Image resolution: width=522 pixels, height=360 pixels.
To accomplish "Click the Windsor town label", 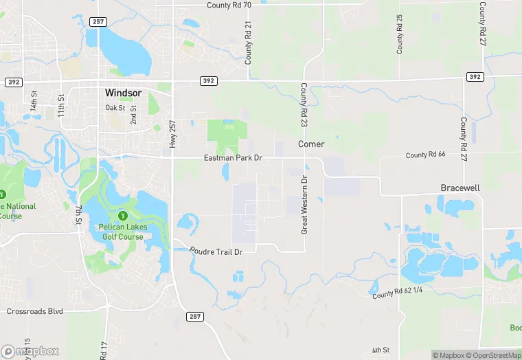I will [124, 92].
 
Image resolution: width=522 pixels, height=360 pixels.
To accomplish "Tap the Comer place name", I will [310, 144].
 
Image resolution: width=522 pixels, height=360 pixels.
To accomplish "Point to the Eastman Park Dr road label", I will [234, 158].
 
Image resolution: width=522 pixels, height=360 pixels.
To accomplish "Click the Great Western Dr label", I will [303, 205].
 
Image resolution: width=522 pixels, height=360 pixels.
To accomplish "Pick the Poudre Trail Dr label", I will [217, 252].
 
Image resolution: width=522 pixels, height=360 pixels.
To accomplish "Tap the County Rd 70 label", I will [229, 5].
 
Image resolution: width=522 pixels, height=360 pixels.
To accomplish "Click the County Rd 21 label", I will [249, 43].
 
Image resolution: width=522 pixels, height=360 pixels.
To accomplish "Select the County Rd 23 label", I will [303, 104].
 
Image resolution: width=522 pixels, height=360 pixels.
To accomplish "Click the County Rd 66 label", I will [426, 155].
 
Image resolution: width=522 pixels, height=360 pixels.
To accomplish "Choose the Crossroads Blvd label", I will [34, 311].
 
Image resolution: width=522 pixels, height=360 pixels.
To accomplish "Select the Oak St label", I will [115, 108].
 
